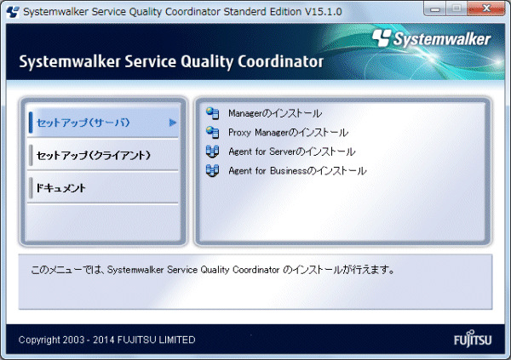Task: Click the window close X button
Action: click(x=486, y=9)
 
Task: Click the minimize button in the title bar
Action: click(x=435, y=9)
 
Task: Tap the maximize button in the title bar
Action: click(x=456, y=9)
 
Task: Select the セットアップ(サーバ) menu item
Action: click(x=83, y=123)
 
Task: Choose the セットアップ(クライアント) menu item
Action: click(x=94, y=155)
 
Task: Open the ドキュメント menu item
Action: click(x=61, y=187)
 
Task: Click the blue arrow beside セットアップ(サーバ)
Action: click(x=173, y=123)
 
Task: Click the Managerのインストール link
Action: click(x=275, y=113)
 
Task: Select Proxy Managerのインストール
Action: click(x=289, y=133)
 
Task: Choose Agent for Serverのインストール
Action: click(x=292, y=151)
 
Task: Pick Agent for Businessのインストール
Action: click(x=297, y=171)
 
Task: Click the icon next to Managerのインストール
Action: click(x=212, y=113)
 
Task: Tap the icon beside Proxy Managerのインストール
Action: click(x=212, y=132)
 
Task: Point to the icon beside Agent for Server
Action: click(x=212, y=151)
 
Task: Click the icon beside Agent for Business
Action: click(x=212, y=171)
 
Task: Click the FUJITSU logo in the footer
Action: click(x=473, y=339)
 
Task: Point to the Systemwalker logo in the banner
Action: click(x=432, y=39)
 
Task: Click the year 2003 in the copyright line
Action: click(x=73, y=340)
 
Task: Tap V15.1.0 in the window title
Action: click(x=324, y=12)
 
